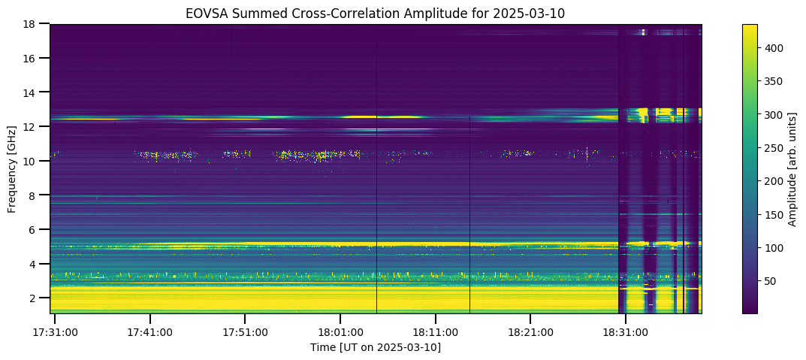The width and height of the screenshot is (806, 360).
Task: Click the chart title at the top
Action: pos(376,14)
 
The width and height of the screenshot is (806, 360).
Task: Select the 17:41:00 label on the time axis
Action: pos(149,332)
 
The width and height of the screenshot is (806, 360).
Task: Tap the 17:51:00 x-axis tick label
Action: pos(245,332)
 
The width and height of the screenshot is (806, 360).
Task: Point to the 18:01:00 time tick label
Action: pos(340,332)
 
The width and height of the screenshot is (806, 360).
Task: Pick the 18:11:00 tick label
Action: pos(436,332)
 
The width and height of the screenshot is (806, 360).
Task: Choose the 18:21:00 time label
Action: pos(530,332)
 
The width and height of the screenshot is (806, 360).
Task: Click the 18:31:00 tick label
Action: pos(626,332)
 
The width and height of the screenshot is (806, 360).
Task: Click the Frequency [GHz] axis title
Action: pos(12,168)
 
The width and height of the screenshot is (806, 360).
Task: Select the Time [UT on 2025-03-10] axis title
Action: pos(376,348)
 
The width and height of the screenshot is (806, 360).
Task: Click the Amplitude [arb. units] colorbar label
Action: pos(792,168)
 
